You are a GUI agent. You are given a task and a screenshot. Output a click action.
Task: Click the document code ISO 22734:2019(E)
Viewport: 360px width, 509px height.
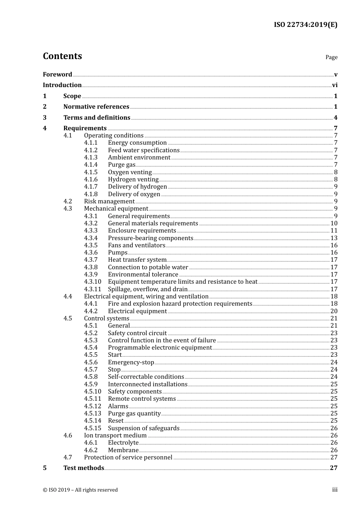305,25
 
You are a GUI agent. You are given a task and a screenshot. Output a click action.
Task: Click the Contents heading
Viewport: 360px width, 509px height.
62,56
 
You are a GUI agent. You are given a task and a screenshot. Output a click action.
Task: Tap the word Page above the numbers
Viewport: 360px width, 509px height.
331,57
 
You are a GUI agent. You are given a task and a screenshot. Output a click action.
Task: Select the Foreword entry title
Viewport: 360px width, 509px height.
57,75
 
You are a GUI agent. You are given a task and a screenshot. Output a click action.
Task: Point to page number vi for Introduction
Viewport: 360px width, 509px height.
335,85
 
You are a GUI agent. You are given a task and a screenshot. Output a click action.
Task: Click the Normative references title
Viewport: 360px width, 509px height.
96,107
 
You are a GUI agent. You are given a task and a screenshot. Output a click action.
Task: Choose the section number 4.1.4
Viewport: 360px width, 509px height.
91,165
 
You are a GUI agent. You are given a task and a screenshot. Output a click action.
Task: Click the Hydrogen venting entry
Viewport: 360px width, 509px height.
133,180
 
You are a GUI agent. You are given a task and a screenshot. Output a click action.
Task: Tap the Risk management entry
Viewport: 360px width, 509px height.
109,201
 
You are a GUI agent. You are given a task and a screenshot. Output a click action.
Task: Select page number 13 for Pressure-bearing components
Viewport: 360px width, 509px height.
334,238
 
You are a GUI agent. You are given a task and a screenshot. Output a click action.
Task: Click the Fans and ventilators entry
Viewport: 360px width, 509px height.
136,245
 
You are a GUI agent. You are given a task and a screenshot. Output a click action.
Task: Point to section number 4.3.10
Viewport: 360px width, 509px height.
92,282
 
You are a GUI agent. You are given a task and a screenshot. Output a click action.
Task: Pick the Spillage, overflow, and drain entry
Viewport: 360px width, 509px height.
147,289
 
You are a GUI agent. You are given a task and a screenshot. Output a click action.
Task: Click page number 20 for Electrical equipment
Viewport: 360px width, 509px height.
334,311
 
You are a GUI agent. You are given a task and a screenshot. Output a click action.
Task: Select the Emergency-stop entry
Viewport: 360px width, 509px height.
131,362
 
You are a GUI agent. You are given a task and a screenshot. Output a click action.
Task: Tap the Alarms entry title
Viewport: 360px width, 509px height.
118,406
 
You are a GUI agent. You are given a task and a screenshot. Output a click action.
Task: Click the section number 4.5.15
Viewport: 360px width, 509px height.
92,428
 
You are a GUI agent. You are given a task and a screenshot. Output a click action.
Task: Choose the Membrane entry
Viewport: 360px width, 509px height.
123,450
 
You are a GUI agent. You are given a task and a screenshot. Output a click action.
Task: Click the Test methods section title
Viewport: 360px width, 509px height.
83,468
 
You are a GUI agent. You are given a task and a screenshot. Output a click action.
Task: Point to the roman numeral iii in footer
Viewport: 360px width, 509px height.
335,490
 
